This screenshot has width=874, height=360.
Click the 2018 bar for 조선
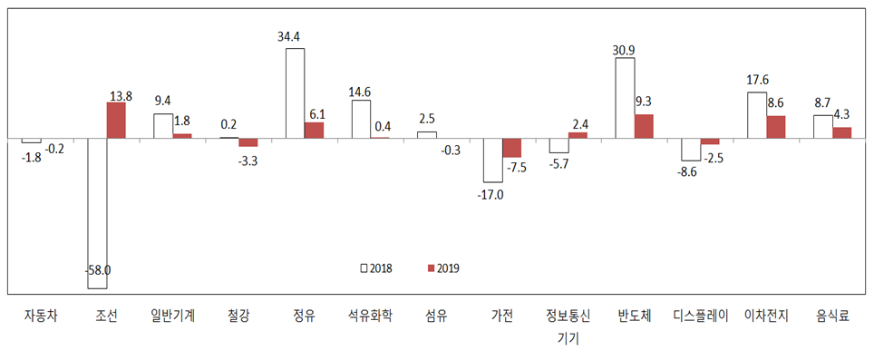coord(97,213)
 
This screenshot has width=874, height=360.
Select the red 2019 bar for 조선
coord(116,121)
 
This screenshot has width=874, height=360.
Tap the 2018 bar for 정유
coord(295,93)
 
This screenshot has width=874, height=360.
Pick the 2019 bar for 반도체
coord(644,126)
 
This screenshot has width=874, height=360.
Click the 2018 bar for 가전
coord(492,161)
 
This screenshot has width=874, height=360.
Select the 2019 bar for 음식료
coord(842,132)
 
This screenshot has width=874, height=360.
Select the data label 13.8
coord(120,94)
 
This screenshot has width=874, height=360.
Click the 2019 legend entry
coord(442,268)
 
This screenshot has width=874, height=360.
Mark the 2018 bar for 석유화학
coord(361,119)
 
